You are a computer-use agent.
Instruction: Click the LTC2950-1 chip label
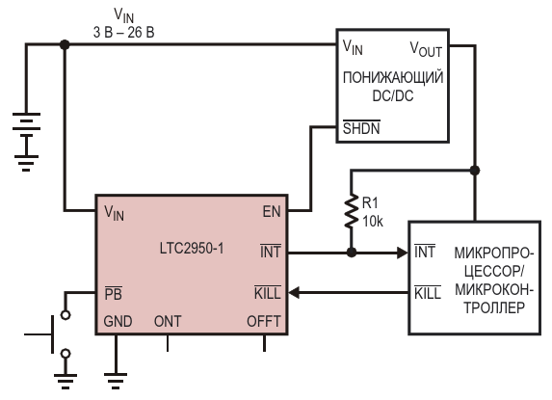point(192,249)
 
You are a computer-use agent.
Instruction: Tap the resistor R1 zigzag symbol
point(351,210)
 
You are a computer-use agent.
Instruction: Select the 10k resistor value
point(373,222)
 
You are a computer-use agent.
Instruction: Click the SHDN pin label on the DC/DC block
point(361,128)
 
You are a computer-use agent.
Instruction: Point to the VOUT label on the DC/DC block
point(426,49)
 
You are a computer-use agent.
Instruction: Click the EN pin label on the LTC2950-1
point(272,212)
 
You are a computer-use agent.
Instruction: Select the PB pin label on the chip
point(114,293)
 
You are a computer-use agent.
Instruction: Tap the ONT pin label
point(168,321)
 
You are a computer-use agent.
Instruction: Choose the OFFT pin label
point(264,321)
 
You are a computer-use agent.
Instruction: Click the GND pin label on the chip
point(118,321)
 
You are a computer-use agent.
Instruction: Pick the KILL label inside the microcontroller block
point(428,293)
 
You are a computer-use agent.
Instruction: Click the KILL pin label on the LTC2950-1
point(268,293)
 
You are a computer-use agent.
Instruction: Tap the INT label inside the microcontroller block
point(425,252)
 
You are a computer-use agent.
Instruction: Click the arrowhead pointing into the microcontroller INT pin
point(402,253)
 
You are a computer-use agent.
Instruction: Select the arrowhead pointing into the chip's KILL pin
point(295,293)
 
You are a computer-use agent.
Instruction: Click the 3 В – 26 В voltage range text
point(123,33)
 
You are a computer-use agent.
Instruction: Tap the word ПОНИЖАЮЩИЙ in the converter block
point(393,77)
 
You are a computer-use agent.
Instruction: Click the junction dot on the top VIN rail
point(65,44)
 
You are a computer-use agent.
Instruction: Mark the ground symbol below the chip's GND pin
point(116,381)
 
